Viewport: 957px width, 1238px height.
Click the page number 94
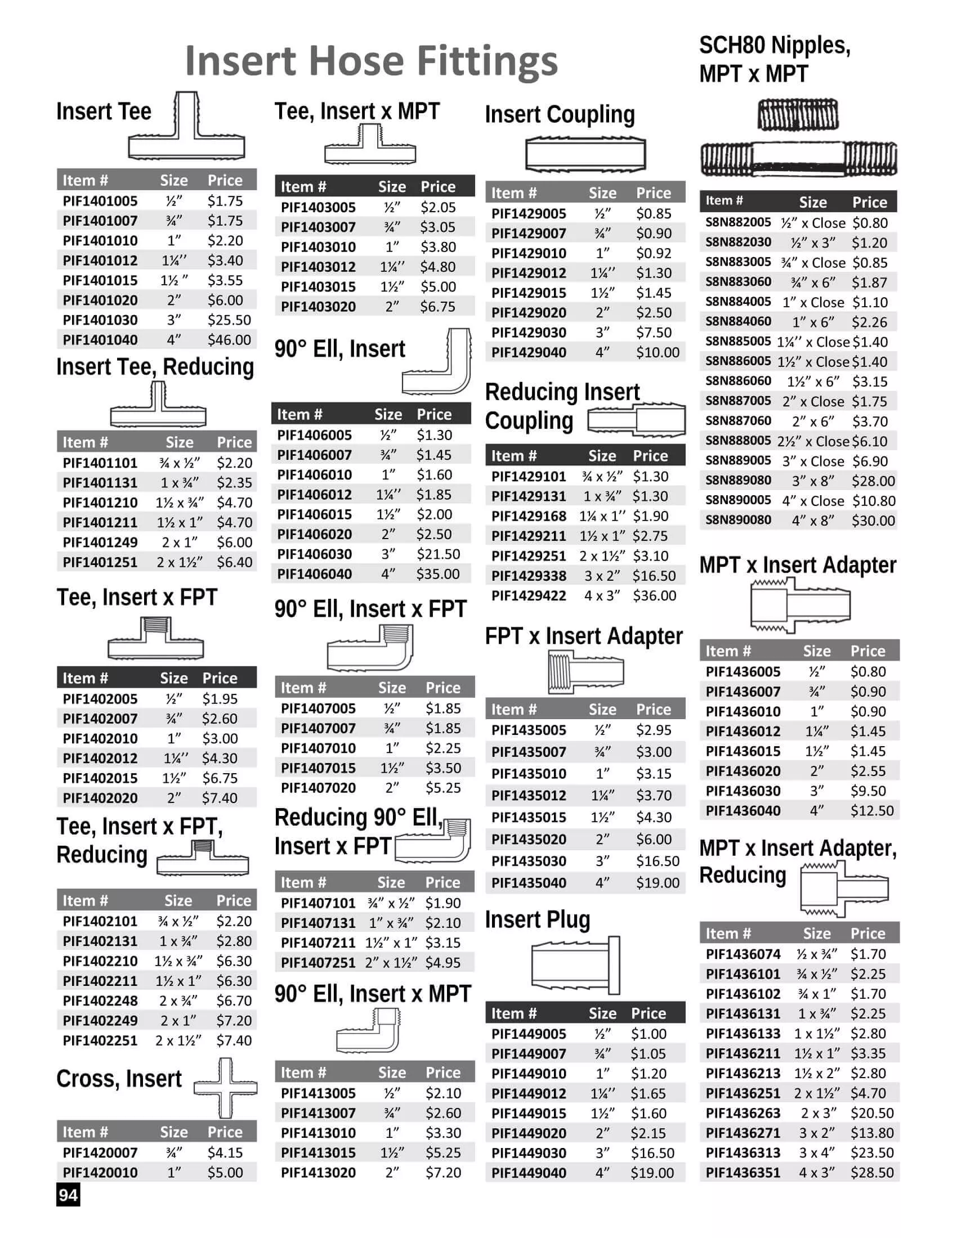68,1195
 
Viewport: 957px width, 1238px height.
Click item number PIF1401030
100,320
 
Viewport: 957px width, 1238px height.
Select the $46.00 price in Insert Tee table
229,340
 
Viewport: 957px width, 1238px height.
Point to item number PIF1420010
100,1173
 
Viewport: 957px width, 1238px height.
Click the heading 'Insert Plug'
537,919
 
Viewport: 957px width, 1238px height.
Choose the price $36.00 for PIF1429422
654,596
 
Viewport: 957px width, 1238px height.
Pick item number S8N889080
738,481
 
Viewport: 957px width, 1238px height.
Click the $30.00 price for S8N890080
873,521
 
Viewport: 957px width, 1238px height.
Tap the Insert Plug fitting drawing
575,965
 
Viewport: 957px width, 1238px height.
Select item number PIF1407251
318,963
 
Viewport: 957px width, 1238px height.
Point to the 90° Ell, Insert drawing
437,363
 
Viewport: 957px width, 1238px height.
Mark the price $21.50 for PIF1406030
437,554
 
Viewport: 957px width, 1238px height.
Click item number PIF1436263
743,1113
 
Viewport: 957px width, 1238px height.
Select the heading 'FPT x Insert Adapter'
583,636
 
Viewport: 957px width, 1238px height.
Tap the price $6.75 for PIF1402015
220,778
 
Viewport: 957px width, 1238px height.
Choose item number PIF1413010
318,1133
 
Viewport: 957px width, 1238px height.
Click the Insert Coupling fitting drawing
585,154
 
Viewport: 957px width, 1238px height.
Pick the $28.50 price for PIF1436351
871,1173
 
